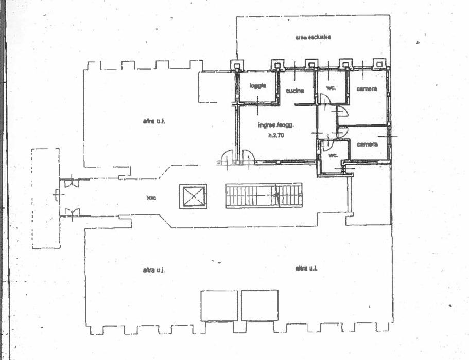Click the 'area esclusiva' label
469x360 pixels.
[x=312, y=37]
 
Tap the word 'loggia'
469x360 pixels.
[x=257, y=85]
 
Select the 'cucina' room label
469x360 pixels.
[x=296, y=91]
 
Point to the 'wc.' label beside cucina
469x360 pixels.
[x=331, y=88]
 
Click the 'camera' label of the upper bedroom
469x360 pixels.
[x=367, y=88]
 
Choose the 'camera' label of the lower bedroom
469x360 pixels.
[x=367, y=144]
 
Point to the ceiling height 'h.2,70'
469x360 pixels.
[x=276, y=136]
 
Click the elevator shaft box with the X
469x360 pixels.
[x=193, y=196]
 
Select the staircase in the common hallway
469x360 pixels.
[x=263, y=196]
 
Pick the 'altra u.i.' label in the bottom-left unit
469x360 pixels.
[x=152, y=269]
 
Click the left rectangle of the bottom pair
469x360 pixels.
[x=219, y=305]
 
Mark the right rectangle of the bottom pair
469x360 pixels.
[x=259, y=305]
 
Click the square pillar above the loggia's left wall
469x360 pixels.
[x=237, y=65]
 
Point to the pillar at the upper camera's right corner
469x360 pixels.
[x=379, y=64]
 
